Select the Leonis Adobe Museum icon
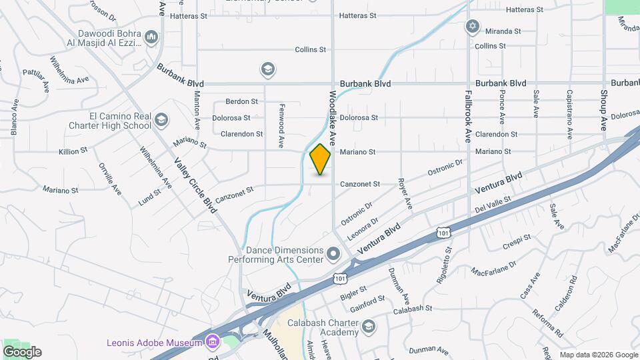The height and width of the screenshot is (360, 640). [213, 343]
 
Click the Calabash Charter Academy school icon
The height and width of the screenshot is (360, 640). [369, 326]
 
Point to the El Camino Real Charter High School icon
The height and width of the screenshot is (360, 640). [161, 120]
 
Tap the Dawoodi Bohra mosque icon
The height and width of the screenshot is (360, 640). [151, 36]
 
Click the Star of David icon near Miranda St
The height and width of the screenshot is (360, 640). [473, 26]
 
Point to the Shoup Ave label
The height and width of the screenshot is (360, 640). [604, 110]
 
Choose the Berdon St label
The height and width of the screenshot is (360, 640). [241, 101]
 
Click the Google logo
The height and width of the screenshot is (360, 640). [22, 352]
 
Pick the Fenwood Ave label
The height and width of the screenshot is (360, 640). [281, 125]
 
